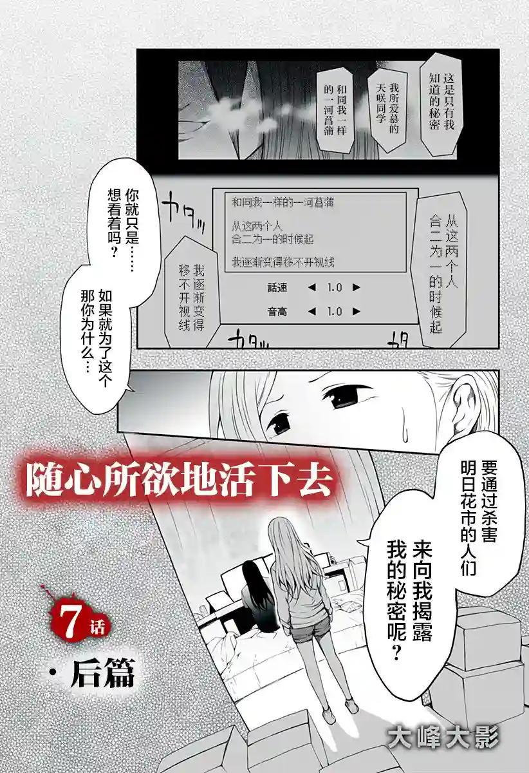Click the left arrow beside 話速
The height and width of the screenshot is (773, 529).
(x=312, y=288)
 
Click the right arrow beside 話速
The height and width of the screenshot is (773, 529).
(x=356, y=288)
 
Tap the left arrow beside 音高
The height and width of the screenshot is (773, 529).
(x=312, y=312)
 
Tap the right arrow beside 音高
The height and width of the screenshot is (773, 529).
(x=356, y=312)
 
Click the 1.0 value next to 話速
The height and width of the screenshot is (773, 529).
(x=334, y=288)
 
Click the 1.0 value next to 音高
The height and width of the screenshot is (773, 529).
(x=334, y=312)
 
